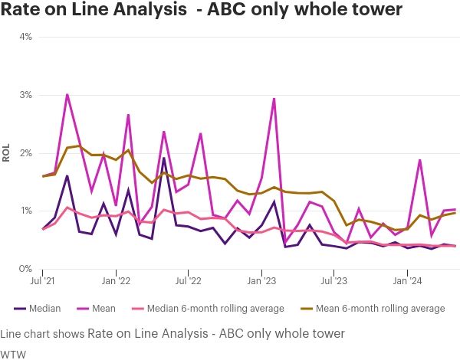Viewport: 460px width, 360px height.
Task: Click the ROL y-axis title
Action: (6, 153)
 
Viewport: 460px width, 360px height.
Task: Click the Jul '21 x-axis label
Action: (43, 282)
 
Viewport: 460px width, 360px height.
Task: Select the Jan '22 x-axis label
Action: (116, 282)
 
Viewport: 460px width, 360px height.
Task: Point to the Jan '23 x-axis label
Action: (261, 282)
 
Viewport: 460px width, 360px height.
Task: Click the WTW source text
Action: (11, 353)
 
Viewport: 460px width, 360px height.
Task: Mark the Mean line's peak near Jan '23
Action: (274, 98)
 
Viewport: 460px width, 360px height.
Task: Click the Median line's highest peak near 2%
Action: (164, 158)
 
